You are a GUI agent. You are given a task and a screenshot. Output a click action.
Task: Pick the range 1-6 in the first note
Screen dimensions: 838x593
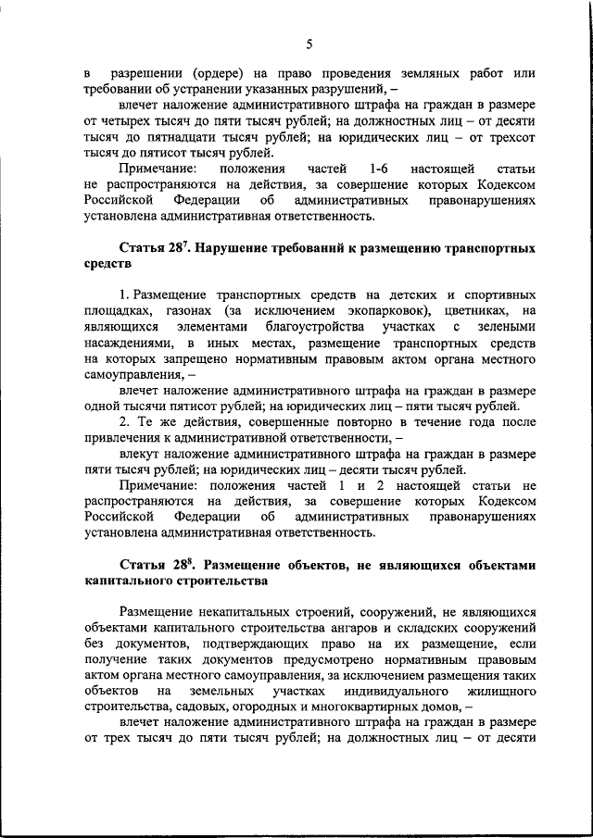pyautogui.click(x=377, y=169)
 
